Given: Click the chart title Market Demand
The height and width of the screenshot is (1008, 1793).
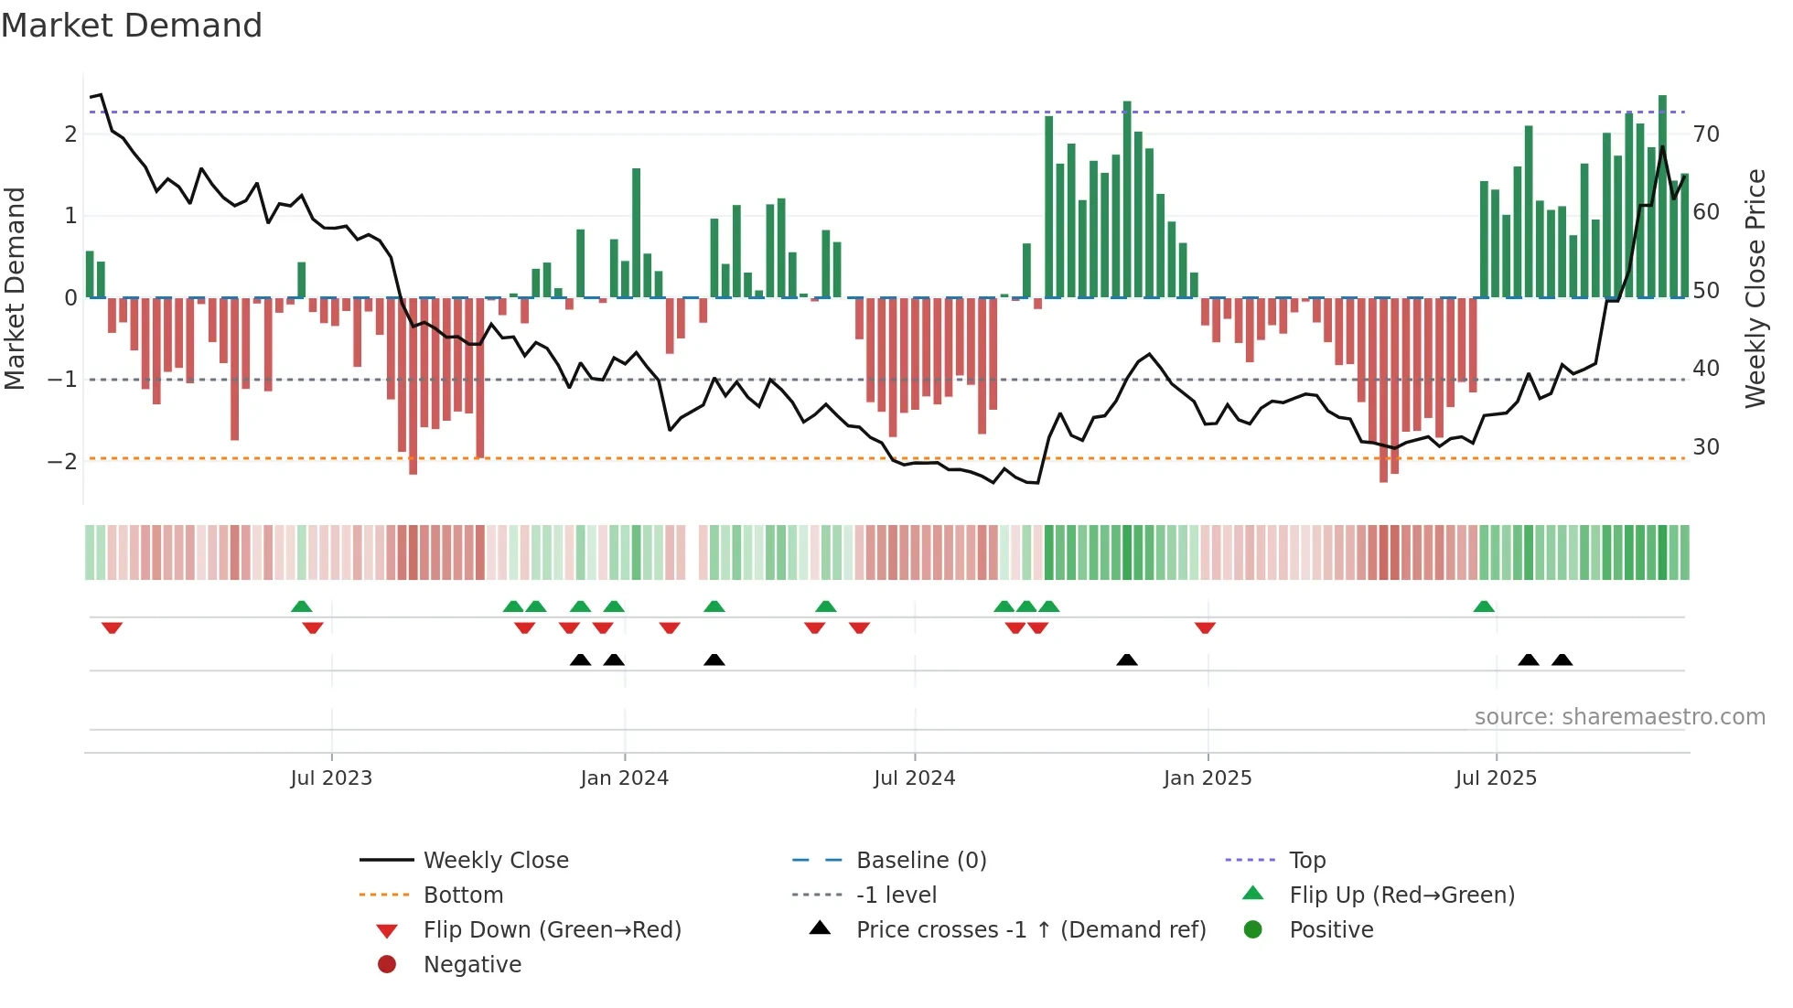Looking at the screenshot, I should pyautogui.click(x=132, y=26).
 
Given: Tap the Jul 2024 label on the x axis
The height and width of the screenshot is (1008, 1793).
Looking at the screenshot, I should pyautogui.click(x=914, y=778).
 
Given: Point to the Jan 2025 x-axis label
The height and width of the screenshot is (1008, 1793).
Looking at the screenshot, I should pyautogui.click(x=1208, y=778).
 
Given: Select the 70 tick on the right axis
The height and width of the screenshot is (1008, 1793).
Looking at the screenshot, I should pyautogui.click(x=1706, y=134).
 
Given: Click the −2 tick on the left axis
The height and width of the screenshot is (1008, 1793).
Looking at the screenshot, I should pyautogui.click(x=62, y=461).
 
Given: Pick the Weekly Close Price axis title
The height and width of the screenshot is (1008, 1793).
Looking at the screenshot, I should pyautogui.click(x=1755, y=288).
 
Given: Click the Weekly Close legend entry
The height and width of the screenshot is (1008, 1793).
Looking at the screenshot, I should pyautogui.click(x=495, y=861).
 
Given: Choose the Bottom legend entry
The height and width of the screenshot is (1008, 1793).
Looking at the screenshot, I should pyautogui.click(x=463, y=895).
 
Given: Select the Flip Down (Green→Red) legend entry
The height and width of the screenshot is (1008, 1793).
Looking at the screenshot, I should pyautogui.click(x=552, y=930).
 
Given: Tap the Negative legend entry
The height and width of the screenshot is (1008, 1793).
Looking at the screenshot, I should pyautogui.click(x=472, y=965).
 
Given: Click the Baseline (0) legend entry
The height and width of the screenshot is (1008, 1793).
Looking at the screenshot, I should pyautogui.click(x=920, y=861).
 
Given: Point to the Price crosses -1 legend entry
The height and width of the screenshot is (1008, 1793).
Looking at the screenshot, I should pyautogui.click(x=1030, y=930).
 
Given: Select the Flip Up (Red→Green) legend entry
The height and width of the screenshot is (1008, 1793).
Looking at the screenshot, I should pyautogui.click(x=1401, y=895).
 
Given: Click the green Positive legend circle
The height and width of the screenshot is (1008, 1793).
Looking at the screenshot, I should pyautogui.click(x=1253, y=930).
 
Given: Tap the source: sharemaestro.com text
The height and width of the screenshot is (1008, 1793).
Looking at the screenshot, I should pyautogui.click(x=1619, y=717).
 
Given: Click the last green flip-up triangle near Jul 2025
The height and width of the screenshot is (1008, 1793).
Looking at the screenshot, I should pyautogui.click(x=1484, y=606).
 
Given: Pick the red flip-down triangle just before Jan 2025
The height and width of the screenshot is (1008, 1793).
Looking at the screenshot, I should pyautogui.click(x=1205, y=627).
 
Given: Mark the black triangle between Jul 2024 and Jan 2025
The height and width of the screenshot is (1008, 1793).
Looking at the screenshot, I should pyautogui.click(x=1127, y=659).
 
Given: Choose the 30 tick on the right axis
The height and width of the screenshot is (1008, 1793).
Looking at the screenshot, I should pyautogui.click(x=1706, y=447).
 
